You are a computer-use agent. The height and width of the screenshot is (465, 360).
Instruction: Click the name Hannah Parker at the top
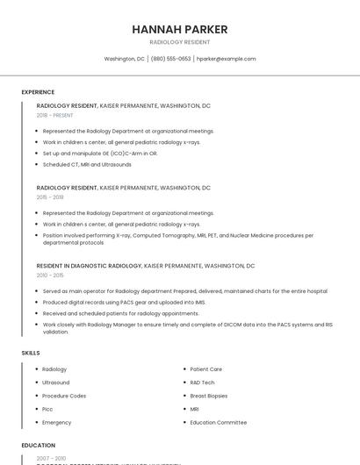pos(180,29)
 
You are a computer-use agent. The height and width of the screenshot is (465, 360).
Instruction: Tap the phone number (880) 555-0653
pos(170,59)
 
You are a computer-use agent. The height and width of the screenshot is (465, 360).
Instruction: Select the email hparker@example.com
pos(226,59)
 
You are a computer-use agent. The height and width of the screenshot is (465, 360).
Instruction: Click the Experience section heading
pos(38,92)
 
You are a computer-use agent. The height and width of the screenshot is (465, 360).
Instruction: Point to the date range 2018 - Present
pos(55,115)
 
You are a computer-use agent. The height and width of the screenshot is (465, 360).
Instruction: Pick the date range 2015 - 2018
pos(50,197)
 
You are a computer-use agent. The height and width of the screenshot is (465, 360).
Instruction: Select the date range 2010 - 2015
pos(50,275)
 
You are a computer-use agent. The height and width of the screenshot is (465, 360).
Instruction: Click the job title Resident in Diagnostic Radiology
pos(89,265)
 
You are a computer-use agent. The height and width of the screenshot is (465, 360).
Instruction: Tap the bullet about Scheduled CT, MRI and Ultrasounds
pos(87,164)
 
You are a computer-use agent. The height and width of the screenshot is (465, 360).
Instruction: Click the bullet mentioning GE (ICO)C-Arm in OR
pos(100,154)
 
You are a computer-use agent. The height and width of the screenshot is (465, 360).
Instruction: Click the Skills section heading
pos(31,353)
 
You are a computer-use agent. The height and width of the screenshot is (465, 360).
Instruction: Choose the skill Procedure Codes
pos(64,396)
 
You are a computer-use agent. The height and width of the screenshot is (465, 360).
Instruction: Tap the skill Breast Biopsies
pos(209,396)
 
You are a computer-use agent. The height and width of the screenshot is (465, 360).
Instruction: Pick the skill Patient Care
pos(206,369)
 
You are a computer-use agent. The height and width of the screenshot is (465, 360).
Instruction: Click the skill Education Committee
pos(219,422)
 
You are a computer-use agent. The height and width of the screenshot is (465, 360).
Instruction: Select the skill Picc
pos(48,409)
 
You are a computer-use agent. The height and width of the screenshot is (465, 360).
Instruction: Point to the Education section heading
pos(38,446)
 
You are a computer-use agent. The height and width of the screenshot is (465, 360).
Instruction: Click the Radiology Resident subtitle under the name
pos(180,42)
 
